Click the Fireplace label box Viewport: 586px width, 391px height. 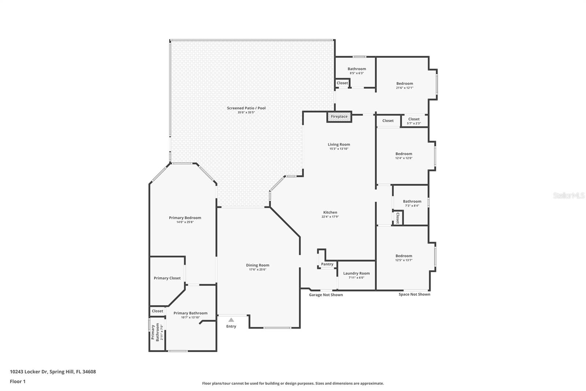(339, 117)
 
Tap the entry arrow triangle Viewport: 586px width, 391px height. (231, 320)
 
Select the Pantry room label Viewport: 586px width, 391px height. (327, 264)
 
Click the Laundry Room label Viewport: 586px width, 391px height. (356, 273)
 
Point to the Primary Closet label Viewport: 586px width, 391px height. (167, 278)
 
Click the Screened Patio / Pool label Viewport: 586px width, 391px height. (246, 108)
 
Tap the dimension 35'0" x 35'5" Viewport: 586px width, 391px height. (246, 113)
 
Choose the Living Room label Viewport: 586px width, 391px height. (339, 145)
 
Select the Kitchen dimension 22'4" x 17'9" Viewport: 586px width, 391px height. (330, 217)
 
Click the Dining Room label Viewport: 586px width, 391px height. (257, 265)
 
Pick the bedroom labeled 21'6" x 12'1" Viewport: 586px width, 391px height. (404, 84)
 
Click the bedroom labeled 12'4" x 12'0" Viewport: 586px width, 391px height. (404, 154)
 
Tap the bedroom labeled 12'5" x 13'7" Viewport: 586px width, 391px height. (404, 256)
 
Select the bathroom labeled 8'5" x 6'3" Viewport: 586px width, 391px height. (357, 69)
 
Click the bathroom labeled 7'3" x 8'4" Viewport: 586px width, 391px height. (412, 201)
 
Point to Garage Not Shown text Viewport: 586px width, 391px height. (326, 295)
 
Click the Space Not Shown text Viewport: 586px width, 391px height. (414, 294)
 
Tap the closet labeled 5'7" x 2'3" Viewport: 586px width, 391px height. (414, 119)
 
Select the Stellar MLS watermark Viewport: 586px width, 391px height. (568, 196)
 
